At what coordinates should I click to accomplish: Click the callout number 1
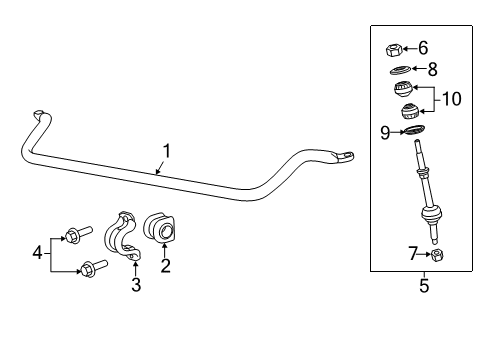[168, 151]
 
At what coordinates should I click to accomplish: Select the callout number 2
[166, 265]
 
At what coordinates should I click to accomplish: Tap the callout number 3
[136, 286]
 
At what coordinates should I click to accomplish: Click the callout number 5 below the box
[424, 286]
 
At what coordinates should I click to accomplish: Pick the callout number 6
[423, 47]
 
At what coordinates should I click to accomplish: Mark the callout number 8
[432, 69]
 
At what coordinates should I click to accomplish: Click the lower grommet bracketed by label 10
[408, 112]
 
